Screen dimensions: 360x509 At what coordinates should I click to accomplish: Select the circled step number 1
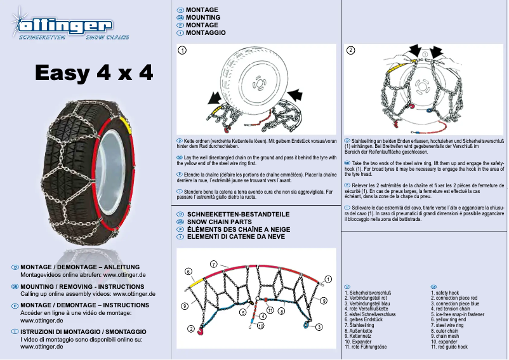click(182, 50)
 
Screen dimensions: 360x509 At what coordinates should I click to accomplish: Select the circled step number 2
click(351, 50)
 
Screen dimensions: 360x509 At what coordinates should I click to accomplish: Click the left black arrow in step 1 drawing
click(214, 98)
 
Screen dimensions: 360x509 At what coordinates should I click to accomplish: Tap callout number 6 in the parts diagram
click(188, 272)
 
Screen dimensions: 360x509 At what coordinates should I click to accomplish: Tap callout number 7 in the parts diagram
click(214, 263)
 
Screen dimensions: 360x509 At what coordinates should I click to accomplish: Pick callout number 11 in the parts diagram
click(270, 310)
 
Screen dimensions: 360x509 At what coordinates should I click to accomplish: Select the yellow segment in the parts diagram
click(196, 279)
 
